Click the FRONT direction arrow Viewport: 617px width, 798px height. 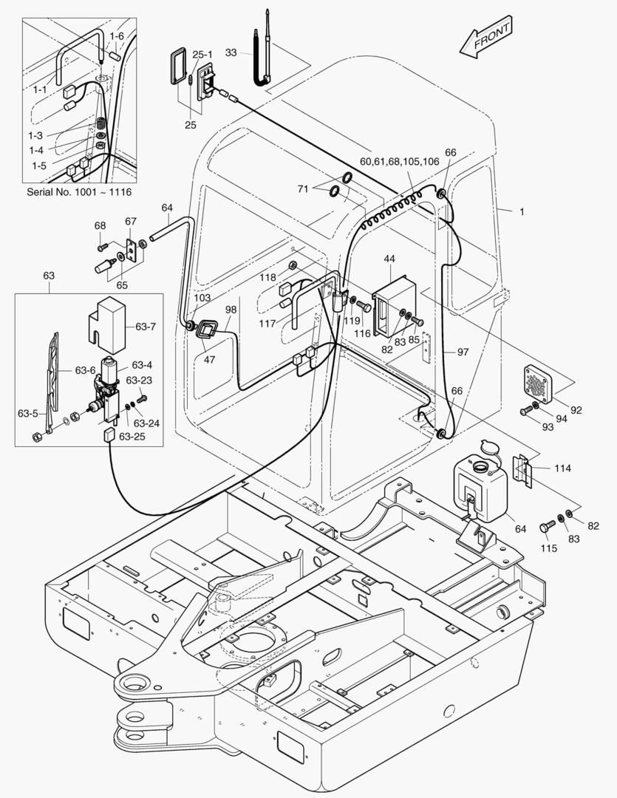pos(485,41)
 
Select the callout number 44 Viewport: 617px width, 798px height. pos(389,259)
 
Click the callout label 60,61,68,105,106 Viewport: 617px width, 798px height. pos(399,161)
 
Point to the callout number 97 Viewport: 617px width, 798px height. pos(463,352)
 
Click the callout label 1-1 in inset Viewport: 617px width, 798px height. pos(38,89)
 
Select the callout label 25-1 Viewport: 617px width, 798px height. pos(202,54)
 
